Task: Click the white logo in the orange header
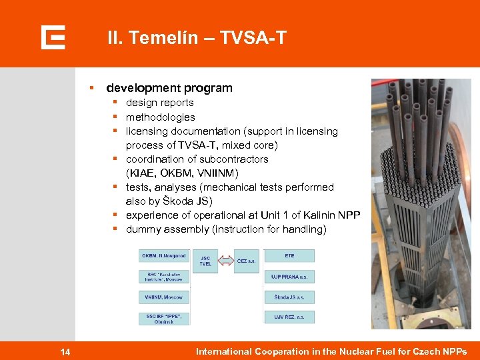[53, 37]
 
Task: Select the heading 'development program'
[169, 88]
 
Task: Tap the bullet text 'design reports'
[160, 103]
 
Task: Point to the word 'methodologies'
[161, 117]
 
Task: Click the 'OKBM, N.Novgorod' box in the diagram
[164, 256]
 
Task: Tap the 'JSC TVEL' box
[205, 261]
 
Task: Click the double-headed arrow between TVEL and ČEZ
[226, 261]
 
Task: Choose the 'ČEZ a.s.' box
[246, 261]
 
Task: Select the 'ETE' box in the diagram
[289, 256]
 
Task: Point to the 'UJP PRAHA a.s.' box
[289, 276]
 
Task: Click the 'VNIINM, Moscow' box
[164, 297]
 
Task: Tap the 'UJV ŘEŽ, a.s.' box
[289, 317]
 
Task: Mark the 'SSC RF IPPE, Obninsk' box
[164, 318]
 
